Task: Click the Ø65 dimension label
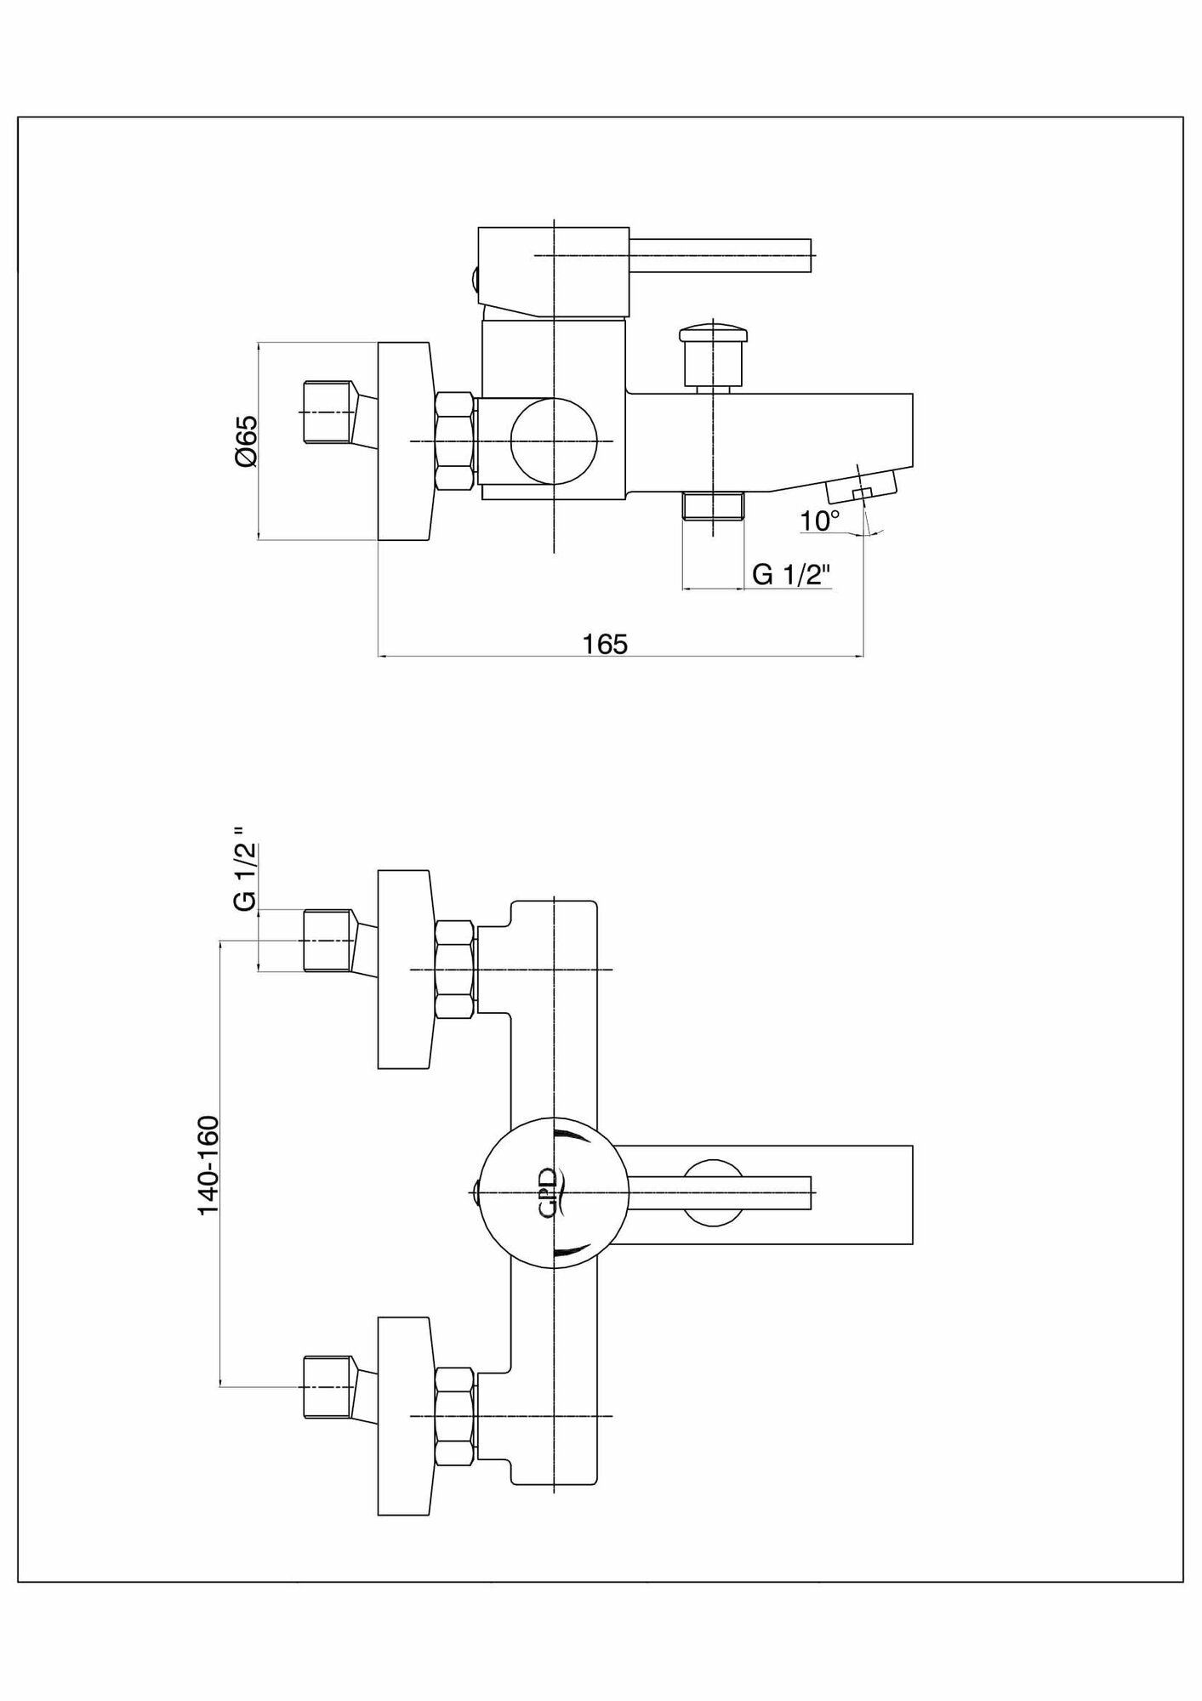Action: pyautogui.click(x=245, y=441)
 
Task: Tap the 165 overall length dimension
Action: pyautogui.click(x=605, y=644)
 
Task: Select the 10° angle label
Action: pyautogui.click(x=819, y=521)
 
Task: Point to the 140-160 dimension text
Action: pyautogui.click(x=209, y=1165)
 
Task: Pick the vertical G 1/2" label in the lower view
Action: pyautogui.click(x=245, y=878)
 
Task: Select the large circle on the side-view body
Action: pyautogui.click(x=554, y=441)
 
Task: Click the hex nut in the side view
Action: pyautogui.click(x=454, y=441)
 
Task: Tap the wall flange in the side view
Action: pyautogui.click(x=404, y=441)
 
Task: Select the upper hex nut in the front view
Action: pyautogui.click(x=454, y=970)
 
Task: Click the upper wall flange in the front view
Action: pyautogui.click(x=404, y=970)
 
